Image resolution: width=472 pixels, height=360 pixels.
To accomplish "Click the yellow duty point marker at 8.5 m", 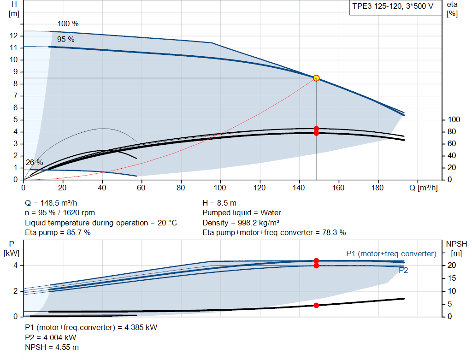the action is (316, 78).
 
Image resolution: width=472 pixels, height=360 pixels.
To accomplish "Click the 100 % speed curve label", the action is (68, 24).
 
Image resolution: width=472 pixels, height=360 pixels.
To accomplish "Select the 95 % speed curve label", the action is (66, 40).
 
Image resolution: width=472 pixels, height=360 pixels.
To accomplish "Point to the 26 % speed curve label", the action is (34, 163).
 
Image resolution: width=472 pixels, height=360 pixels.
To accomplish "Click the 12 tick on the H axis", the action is (14, 36).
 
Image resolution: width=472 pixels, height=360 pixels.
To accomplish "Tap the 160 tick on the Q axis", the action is (338, 188).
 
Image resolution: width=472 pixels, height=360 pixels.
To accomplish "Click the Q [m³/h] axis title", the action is (424, 188).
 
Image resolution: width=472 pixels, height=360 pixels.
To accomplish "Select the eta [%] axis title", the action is (452, 9).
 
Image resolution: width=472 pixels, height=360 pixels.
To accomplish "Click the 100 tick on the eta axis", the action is (454, 120).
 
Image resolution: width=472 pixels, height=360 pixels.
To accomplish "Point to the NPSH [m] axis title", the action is (456, 248).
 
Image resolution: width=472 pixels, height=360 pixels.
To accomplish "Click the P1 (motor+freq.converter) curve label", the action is (391, 254).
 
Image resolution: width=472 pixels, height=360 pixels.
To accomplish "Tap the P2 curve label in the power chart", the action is (403, 270).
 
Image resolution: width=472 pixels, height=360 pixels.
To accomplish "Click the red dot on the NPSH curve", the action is (316, 305).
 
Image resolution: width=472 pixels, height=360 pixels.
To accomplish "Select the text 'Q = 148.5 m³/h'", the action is (51, 203).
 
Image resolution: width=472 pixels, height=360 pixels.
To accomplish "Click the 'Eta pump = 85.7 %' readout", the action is (58, 233).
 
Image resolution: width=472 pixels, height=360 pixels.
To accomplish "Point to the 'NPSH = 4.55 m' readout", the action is (52, 348).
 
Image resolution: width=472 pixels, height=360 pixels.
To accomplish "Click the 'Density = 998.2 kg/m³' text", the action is (241, 223).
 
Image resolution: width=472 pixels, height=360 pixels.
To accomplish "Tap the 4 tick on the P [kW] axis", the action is (16, 266).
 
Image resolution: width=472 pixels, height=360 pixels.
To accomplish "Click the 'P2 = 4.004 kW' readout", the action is (51, 338).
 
